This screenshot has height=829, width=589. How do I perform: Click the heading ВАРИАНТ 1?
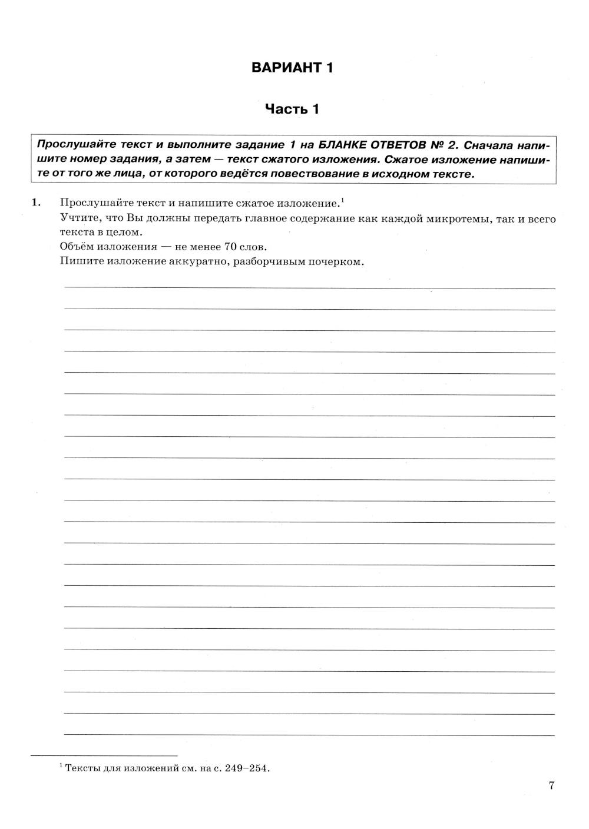coord(292,68)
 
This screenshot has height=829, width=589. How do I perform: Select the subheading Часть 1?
coord(292,109)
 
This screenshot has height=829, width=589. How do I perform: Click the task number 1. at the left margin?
coord(36,203)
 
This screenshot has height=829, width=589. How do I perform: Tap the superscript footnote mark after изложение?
coord(342,200)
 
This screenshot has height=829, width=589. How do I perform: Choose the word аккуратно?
coord(200,261)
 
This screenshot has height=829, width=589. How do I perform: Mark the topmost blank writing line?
coord(309,287)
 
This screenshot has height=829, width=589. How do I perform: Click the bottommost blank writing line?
coord(309,735)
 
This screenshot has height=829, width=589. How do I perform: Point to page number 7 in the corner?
coord(551,785)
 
